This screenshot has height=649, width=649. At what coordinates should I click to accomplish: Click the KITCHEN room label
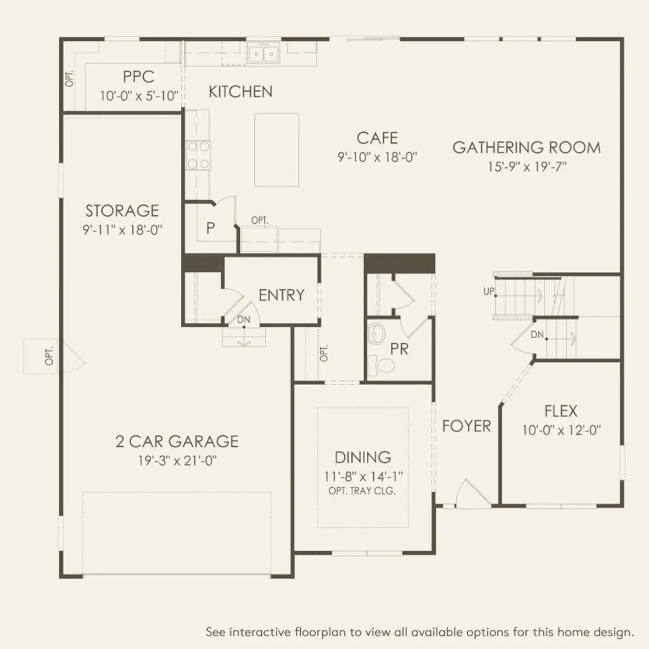tap(241, 92)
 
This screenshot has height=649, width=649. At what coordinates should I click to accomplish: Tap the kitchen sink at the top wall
tap(264, 54)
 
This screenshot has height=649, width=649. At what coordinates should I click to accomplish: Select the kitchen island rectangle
tap(277, 150)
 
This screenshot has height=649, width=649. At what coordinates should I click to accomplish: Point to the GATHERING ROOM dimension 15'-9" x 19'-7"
tap(527, 167)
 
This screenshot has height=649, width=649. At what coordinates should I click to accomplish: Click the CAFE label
tap(377, 138)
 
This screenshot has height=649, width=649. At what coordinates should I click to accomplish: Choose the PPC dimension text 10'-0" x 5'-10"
tap(139, 96)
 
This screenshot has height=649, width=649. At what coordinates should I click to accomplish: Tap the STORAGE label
tap(122, 211)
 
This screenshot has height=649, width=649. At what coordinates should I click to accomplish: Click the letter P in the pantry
tap(210, 228)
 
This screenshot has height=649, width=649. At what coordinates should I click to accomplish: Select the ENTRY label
tap(282, 295)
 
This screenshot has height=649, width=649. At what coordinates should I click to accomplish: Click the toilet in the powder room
tap(381, 365)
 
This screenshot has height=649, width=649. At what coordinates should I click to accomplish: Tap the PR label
tap(399, 349)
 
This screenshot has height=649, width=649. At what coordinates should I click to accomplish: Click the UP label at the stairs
tap(489, 291)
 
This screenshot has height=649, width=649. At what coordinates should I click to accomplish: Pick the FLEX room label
tap(561, 411)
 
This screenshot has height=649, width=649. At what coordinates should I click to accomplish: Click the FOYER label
tap(466, 426)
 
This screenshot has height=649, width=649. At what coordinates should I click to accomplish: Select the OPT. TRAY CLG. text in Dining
tap(362, 491)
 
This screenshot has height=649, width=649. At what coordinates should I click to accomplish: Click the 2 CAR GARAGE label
tap(177, 441)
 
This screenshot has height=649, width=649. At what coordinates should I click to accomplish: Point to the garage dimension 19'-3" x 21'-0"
tap(178, 461)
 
